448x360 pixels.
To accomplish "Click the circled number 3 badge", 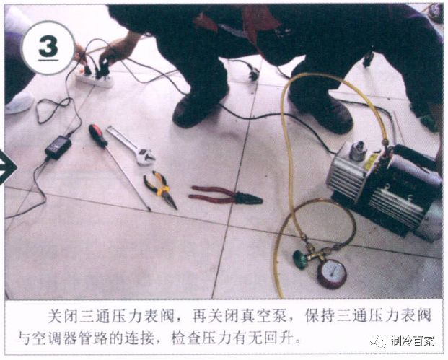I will [x=47, y=47].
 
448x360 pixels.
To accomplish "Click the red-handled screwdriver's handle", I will [x=97, y=135].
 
